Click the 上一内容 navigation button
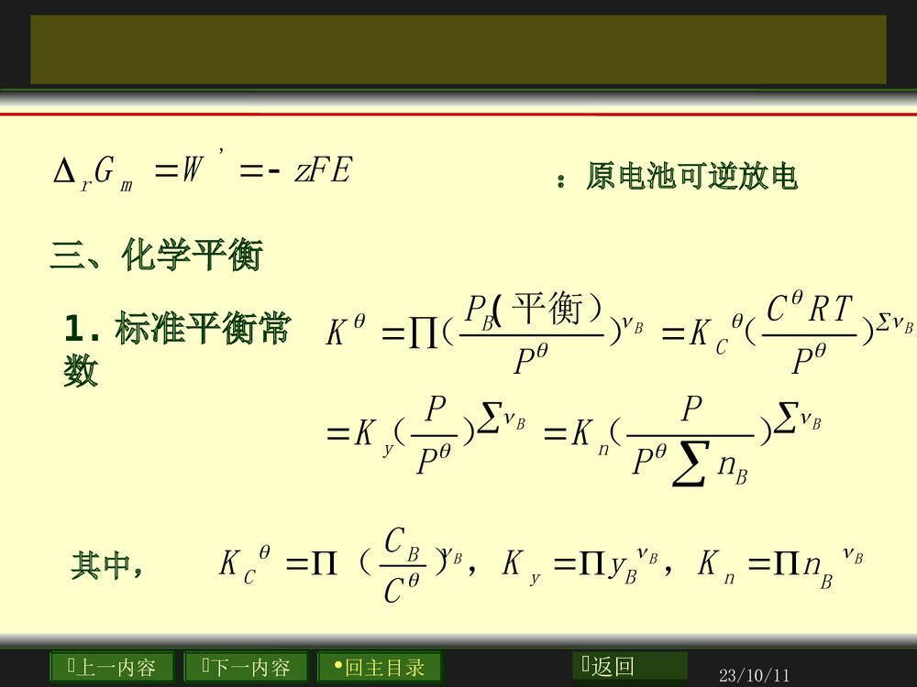coord(113,667)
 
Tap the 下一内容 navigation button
coord(246,667)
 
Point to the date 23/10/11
coord(755,676)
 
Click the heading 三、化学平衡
coord(156,256)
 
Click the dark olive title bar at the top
coord(458,49)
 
